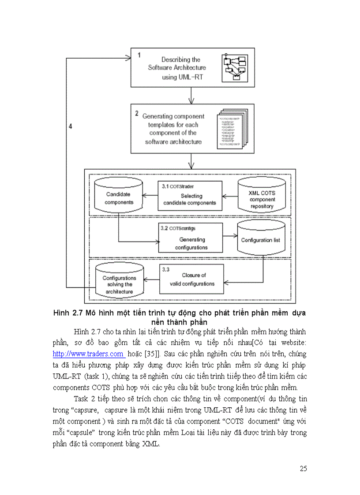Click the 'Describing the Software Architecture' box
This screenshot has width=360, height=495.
[176, 67]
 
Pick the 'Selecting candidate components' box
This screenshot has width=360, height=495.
[190, 196]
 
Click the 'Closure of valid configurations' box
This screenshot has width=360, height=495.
[192, 279]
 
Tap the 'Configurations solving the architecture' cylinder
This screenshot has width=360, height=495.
[119, 282]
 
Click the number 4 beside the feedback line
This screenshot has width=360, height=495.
[71, 127]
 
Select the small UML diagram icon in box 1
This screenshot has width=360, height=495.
[234, 67]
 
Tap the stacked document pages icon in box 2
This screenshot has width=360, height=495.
[229, 129]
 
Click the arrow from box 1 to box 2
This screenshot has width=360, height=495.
[191, 95]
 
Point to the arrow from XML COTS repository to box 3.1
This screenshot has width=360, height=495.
[229, 195]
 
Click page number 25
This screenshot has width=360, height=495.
[303, 469]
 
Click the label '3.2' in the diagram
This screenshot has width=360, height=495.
[165, 228]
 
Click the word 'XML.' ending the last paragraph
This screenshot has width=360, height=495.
[151, 444]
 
